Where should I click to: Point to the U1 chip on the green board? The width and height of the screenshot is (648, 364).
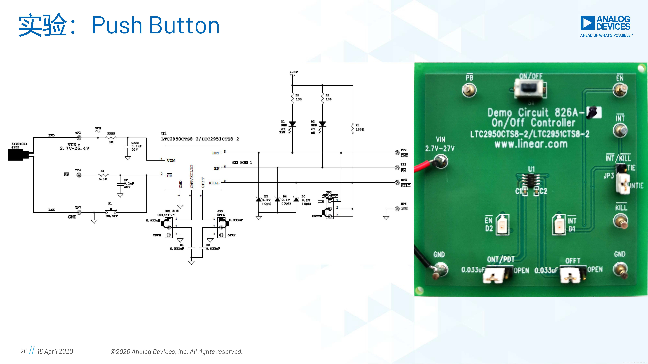[x=531, y=180]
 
